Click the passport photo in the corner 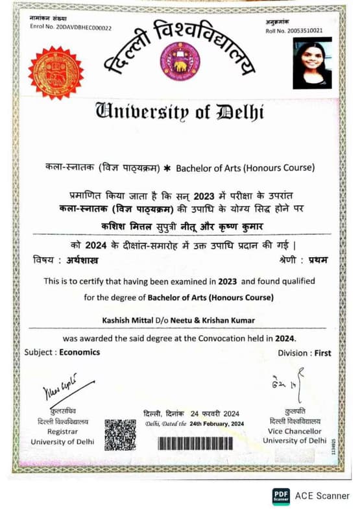(312, 62)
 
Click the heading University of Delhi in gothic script (179, 111)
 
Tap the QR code (120, 434)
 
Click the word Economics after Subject (80, 353)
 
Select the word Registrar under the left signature (62, 432)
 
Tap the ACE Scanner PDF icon (280, 495)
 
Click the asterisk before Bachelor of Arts (167, 169)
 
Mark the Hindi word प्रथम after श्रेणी (318, 260)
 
